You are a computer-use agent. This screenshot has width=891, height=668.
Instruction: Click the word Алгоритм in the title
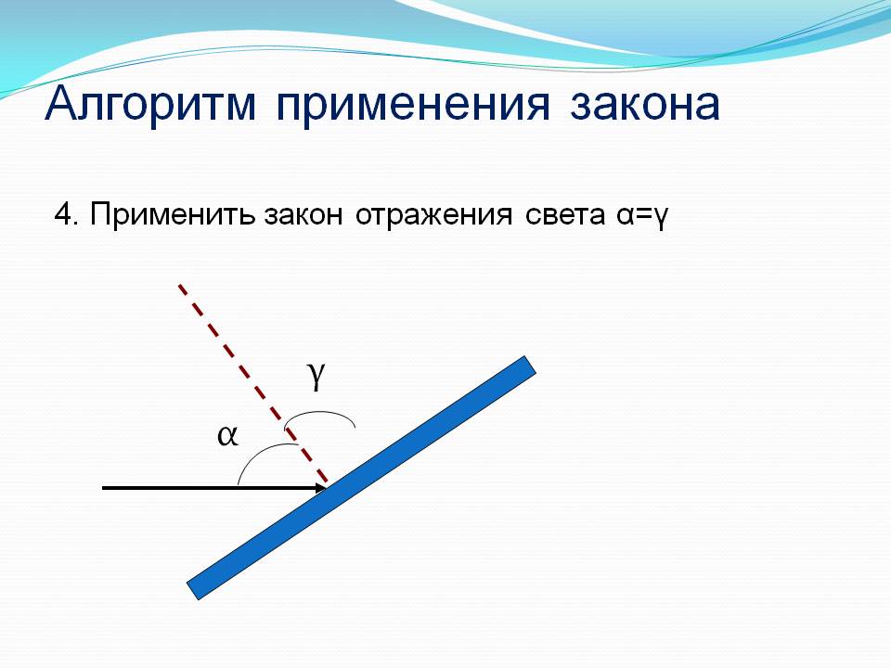point(150,105)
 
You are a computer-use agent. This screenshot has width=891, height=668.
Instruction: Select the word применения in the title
point(413,106)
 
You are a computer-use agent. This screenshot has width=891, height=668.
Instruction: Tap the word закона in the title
point(645,105)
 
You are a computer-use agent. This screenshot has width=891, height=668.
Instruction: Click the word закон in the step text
point(303,216)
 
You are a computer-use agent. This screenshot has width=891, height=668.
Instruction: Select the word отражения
point(433,216)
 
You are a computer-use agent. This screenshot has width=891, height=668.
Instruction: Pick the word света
point(565,216)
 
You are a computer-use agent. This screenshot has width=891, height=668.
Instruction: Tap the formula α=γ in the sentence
point(641,217)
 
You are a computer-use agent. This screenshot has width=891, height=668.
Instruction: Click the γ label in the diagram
point(316,375)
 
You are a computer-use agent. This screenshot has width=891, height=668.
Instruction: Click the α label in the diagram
point(227,436)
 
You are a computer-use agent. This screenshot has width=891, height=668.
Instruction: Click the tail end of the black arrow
point(103,487)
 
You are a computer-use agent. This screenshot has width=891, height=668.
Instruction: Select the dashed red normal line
point(252,384)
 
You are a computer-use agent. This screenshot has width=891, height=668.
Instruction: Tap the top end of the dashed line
point(179,285)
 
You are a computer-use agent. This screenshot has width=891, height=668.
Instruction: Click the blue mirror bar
point(361,478)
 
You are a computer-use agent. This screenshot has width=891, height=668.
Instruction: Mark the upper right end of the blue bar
point(531,365)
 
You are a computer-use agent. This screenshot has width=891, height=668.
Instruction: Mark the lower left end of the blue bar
point(193,591)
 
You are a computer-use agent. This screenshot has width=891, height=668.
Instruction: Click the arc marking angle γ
point(320,412)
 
